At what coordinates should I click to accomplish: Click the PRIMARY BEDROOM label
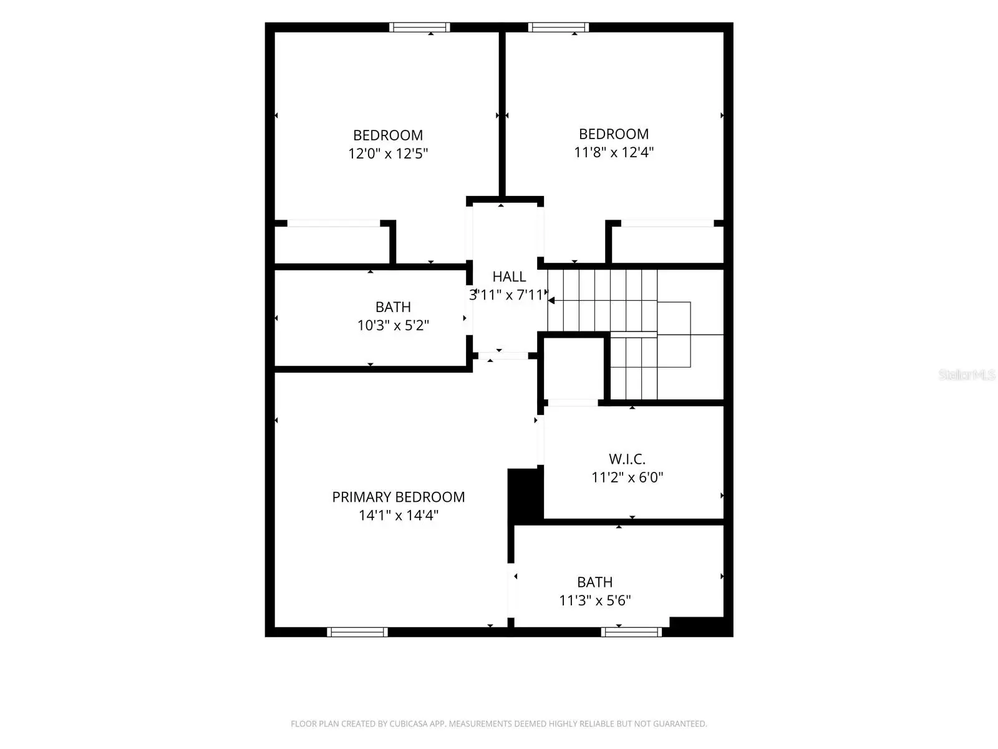pos(399,497)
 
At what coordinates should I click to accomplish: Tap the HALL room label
pos(509,277)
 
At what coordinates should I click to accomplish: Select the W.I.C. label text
pos(627,459)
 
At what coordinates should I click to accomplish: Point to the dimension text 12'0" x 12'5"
pos(389,154)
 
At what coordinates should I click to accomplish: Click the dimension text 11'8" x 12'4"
pos(614,152)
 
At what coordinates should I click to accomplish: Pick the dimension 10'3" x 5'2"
pos(394,326)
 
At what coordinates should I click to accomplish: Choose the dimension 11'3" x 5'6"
pos(594,600)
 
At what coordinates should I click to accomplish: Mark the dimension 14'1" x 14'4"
pos(399,516)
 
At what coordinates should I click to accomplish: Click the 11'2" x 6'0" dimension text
pos(627,477)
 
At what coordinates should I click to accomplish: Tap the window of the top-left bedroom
pos(420,27)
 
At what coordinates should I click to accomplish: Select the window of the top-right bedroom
pos(558,27)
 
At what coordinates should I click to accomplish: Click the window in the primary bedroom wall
pos(357,632)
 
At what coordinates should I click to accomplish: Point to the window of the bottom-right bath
pos(631,632)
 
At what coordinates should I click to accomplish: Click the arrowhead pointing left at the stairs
pos(551,301)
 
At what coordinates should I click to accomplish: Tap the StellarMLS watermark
pos(967,374)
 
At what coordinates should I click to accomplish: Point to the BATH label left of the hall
pos(394,307)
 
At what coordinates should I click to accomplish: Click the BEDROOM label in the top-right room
pos(614,134)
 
